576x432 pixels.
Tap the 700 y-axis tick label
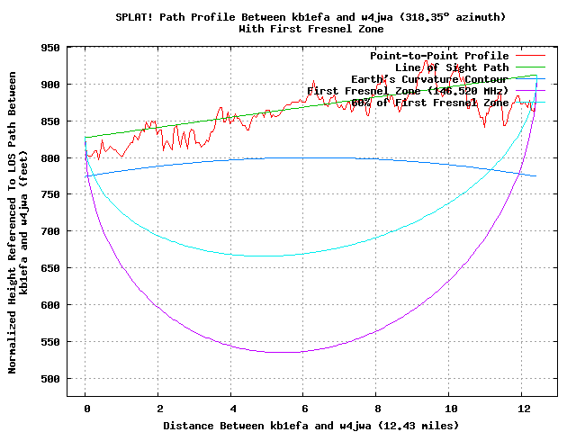(x=50, y=231)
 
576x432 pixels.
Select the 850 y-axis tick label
(x=50, y=121)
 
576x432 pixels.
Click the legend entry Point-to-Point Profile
(x=439, y=56)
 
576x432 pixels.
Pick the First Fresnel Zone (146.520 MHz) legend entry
(x=408, y=91)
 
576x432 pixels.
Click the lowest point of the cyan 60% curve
(x=270, y=256)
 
